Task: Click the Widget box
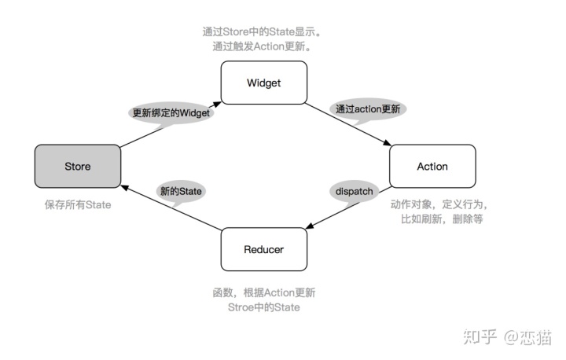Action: coord(263,82)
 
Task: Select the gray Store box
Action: coord(77,166)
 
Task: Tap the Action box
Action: coord(432,166)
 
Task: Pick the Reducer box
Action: coord(263,249)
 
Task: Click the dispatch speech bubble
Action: coord(355,192)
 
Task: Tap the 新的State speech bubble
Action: coord(181,191)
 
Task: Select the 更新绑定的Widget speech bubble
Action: coord(171,112)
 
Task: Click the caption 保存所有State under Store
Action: coord(77,205)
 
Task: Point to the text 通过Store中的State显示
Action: coord(263,32)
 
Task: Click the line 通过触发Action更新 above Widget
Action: coord(263,46)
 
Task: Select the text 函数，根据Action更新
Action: coord(263,292)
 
